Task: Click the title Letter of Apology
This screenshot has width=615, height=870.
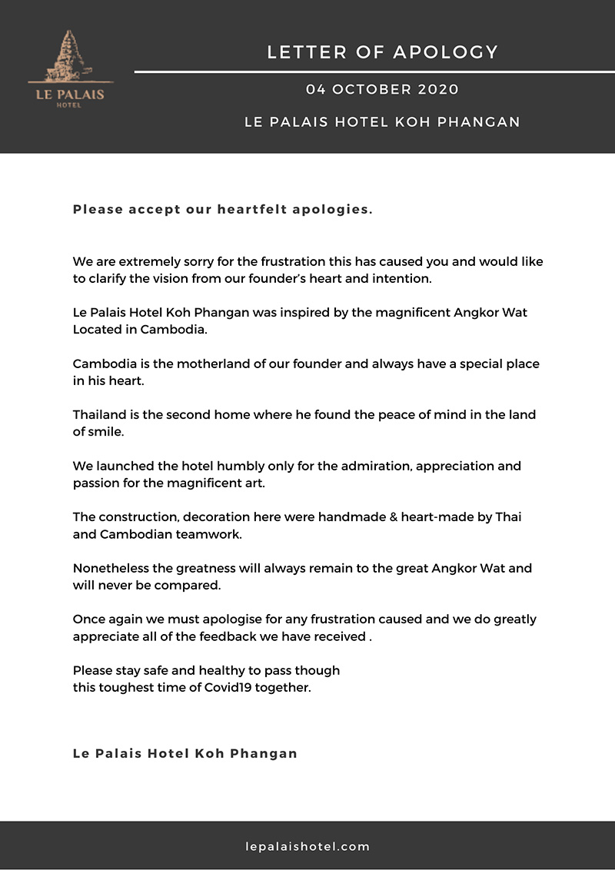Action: [383, 52]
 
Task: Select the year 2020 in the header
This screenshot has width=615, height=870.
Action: [438, 89]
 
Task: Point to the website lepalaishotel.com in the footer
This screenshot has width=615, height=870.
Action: [307, 847]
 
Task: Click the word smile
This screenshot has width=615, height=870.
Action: [108, 432]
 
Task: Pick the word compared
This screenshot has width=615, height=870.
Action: [189, 586]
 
